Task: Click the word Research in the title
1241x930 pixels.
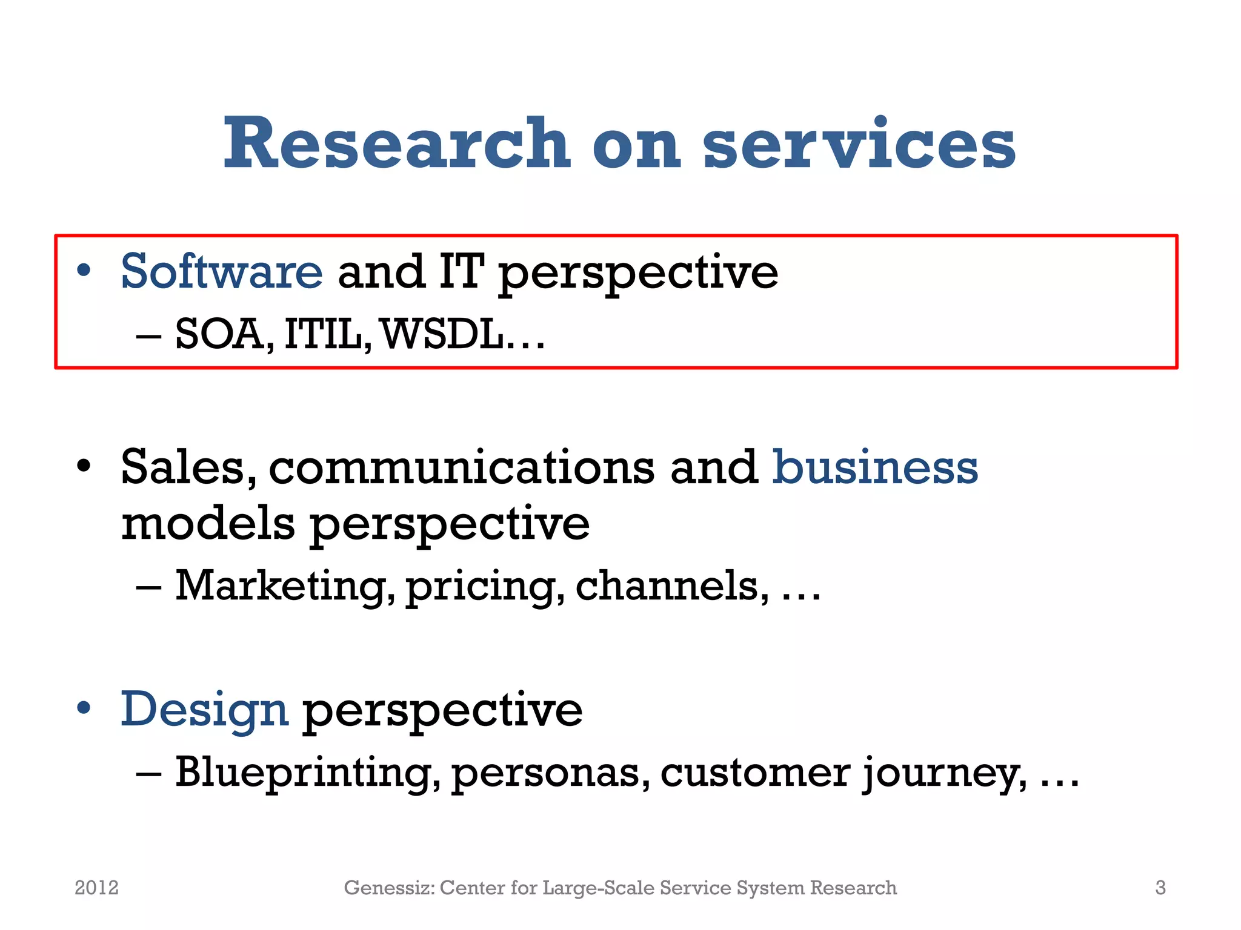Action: click(x=397, y=143)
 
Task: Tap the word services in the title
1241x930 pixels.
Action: click(x=859, y=143)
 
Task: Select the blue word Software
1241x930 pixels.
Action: click(x=221, y=271)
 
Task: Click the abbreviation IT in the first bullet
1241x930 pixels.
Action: click(x=461, y=271)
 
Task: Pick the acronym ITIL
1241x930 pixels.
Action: click(x=325, y=334)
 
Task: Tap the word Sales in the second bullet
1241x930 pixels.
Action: click(x=185, y=467)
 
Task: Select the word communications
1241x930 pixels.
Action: click(x=462, y=467)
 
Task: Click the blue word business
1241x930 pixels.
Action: click(x=875, y=467)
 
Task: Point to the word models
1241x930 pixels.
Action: click(x=208, y=523)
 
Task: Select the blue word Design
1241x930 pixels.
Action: click(x=204, y=710)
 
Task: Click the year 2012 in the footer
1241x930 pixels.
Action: click(x=96, y=888)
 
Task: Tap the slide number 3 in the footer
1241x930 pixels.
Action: click(x=1160, y=888)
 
